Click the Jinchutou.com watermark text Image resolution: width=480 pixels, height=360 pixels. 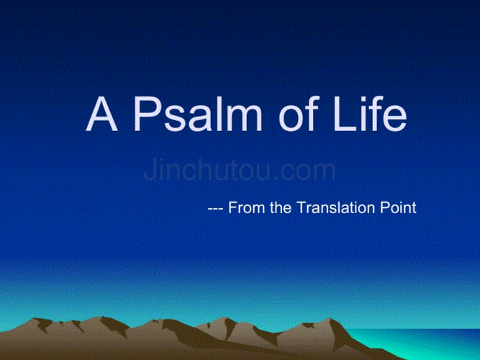240,171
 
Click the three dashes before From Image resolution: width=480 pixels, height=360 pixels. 215,210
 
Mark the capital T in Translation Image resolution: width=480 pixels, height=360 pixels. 302,209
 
